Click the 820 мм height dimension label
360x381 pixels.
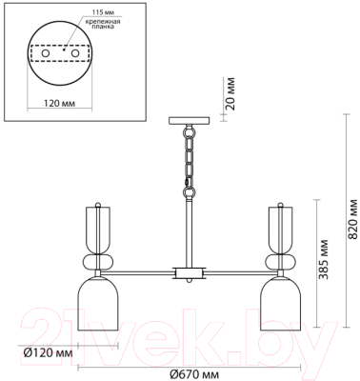click(x=352, y=219)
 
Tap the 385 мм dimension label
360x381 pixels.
click(x=323, y=259)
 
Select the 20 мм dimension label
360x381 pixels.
click(x=230, y=93)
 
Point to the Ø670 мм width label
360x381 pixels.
click(x=194, y=374)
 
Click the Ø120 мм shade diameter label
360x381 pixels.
click(x=49, y=352)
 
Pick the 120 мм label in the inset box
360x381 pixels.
click(x=60, y=104)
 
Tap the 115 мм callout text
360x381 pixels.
click(x=103, y=12)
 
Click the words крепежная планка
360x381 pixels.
click(x=102, y=24)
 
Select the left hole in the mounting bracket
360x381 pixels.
click(x=46, y=53)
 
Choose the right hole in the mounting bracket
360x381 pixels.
click(x=75, y=53)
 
